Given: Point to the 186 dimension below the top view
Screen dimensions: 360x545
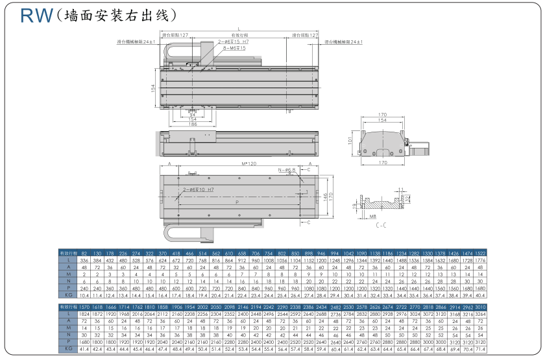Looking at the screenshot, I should [192, 124].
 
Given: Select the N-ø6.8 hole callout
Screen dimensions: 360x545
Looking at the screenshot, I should [286, 171].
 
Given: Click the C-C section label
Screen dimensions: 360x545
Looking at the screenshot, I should [382, 225].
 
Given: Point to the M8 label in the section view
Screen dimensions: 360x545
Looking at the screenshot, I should [372, 216].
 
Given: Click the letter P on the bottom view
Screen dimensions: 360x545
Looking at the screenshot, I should [236, 202].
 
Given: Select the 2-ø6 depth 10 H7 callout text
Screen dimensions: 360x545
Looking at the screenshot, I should [199, 189].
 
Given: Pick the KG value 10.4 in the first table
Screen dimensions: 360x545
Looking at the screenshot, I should [84, 294].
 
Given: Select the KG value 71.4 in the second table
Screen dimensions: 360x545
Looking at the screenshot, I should [480, 348].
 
